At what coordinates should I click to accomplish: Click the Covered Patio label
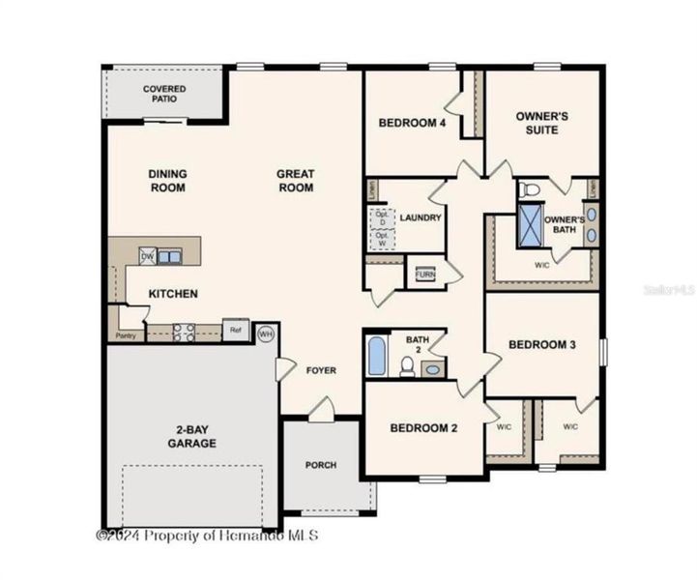[x=164, y=94]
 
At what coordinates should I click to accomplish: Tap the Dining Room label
[x=167, y=181]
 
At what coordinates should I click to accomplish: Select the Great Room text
[x=296, y=181]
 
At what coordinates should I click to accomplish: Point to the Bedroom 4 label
[x=412, y=123]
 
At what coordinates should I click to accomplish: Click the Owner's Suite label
[x=541, y=122]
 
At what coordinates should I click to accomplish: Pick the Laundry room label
[x=421, y=218]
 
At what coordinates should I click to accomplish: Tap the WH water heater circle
[x=266, y=334]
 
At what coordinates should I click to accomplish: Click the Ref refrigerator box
[x=235, y=330]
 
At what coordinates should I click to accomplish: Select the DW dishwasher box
[x=148, y=256]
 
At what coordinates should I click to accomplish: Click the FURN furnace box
[x=425, y=275]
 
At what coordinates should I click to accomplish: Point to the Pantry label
[x=126, y=335]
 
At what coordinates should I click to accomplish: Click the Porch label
[x=321, y=465]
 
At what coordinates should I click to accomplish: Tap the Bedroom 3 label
[x=542, y=345]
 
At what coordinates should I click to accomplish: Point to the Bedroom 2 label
[x=423, y=428]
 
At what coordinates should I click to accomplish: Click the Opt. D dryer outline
[x=381, y=217]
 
